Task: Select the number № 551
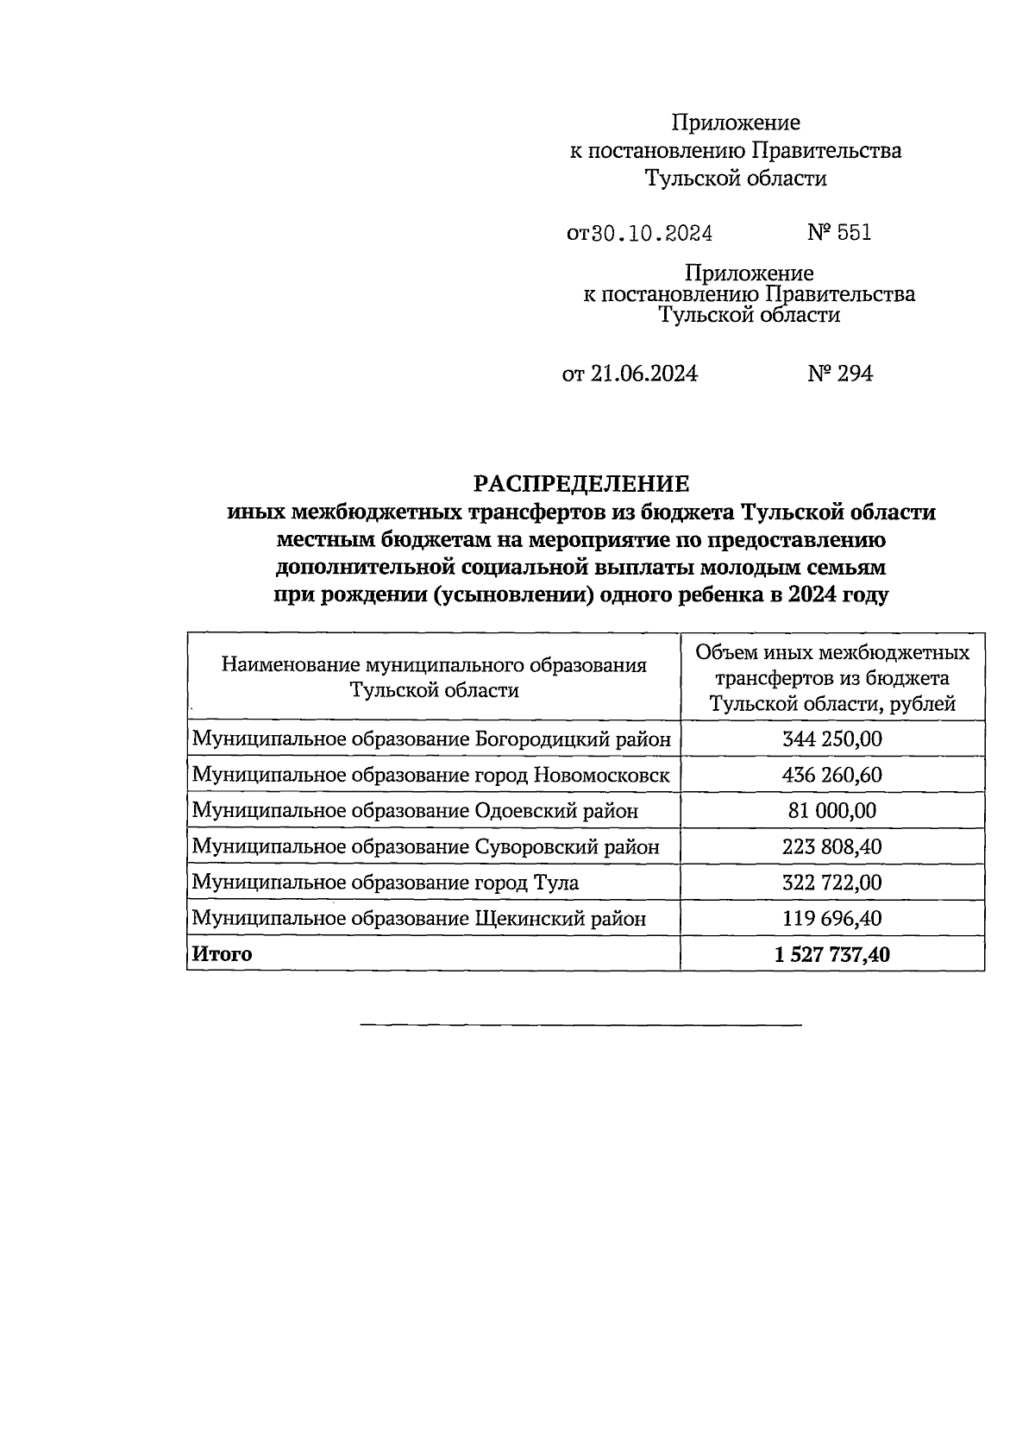839,232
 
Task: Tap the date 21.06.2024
643,374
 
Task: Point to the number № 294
840,374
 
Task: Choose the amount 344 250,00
831,739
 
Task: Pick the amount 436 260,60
831,775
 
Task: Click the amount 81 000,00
831,811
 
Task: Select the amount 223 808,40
831,847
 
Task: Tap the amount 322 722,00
831,883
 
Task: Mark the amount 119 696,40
831,919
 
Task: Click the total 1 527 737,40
831,954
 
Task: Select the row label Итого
223,954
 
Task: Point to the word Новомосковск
602,775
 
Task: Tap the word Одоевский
529,811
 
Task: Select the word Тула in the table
556,883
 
